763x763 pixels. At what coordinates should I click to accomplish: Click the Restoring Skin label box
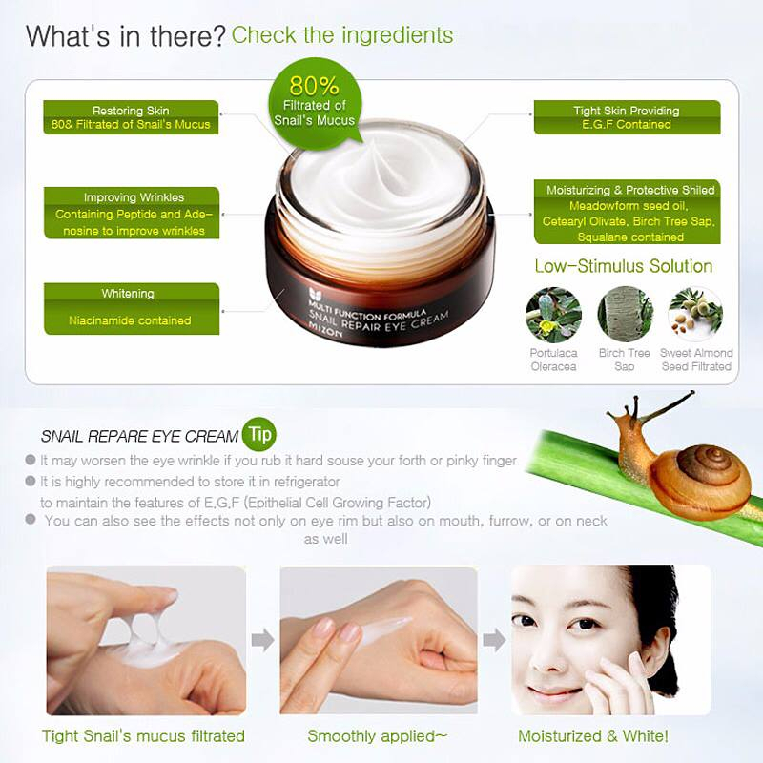tap(131, 117)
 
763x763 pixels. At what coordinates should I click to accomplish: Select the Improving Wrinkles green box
tap(132, 213)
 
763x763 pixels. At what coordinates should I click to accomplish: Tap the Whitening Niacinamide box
tap(132, 308)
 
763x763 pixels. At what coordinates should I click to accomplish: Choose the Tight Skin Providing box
tap(627, 117)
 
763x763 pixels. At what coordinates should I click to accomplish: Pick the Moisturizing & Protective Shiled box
tap(627, 212)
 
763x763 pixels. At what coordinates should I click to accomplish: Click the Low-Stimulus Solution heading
tap(624, 266)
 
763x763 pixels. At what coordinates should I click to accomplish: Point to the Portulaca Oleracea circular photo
tap(553, 315)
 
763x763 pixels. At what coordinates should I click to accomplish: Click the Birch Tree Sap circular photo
tap(625, 315)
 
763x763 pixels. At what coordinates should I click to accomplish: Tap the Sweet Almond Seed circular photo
tap(696, 315)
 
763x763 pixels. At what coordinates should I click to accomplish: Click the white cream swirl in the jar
tap(382, 181)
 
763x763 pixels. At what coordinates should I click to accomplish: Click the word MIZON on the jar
tap(326, 332)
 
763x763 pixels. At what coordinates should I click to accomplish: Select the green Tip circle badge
tap(259, 434)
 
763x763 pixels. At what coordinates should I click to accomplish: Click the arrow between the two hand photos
tap(263, 639)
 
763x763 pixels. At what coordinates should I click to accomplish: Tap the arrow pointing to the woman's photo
tap(494, 639)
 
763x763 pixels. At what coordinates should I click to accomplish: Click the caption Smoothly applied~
tap(377, 735)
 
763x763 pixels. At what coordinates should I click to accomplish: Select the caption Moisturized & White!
tap(593, 735)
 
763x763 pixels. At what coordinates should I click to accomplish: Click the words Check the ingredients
tap(342, 35)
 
